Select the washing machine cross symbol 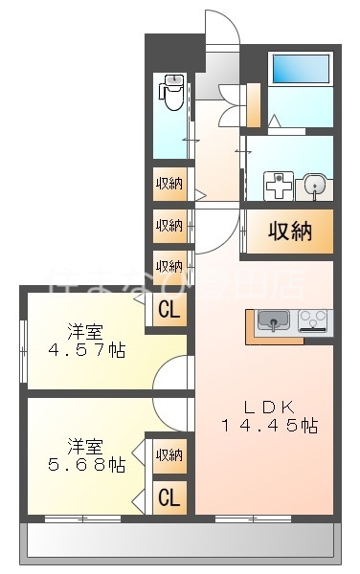pos(277,185)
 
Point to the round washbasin pos(314,186)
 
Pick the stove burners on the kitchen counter pos(314,320)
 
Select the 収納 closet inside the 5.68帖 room pos(169,455)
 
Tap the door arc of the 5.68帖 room pos(172,413)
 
